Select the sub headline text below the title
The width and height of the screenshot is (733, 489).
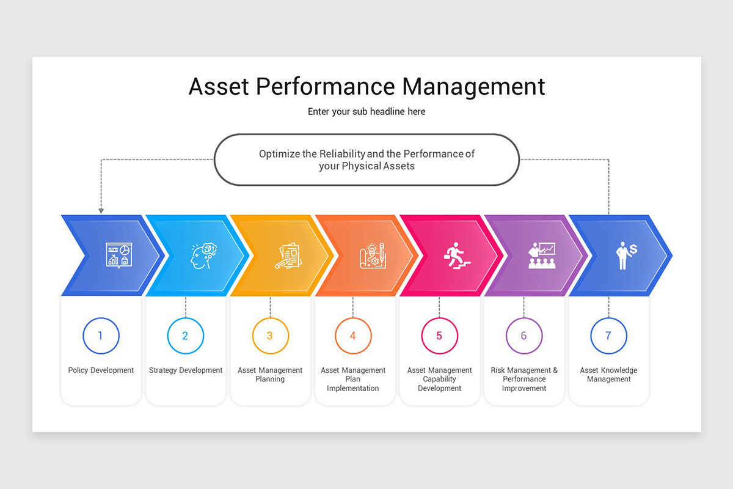(366, 112)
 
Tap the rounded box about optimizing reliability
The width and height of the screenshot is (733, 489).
(366, 160)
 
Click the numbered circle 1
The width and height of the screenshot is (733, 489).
(101, 336)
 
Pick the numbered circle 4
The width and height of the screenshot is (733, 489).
(353, 336)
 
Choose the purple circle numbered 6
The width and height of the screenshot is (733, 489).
(524, 336)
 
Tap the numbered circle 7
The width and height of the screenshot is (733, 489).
(608, 336)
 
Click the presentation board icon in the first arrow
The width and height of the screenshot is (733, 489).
(118, 254)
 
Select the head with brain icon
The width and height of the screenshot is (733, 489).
(201, 256)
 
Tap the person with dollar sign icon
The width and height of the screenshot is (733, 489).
(625, 256)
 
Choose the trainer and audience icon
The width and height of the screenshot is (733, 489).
(541, 256)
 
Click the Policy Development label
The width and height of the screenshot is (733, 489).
(101, 370)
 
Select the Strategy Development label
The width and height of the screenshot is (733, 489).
(186, 370)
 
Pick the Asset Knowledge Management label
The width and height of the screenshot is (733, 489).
(608, 375)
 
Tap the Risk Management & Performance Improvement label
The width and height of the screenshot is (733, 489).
(524, 379)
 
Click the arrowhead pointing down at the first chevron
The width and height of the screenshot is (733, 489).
(101, 211)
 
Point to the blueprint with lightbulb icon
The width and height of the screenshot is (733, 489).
(372, 256)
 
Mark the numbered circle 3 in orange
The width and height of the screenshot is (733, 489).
(270, 336)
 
